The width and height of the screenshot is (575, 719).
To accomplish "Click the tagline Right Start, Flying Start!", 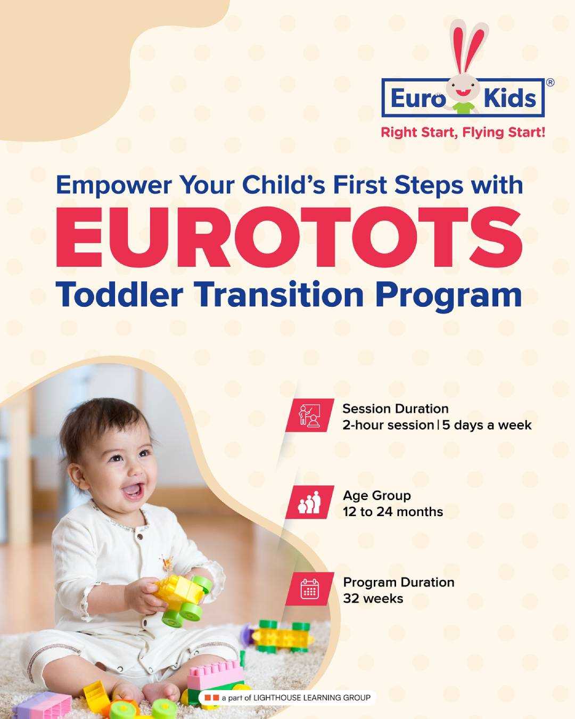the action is pyautogui.click(x=463, y=133).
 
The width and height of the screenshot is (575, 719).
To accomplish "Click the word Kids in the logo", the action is pyautogui.click(x=510, y=98).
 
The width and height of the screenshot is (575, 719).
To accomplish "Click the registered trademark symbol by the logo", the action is pyautogui.click(x=550, y=82).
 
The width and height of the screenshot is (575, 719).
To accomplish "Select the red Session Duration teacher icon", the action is pyautogui.click(x=310, y=415).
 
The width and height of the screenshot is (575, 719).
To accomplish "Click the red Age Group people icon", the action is pyautogui.click(x=310, y=502).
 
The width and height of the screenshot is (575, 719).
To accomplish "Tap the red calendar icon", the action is pyautogui.click(x=310, y=589).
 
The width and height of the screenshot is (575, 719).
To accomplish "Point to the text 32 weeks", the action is pyautogui.click(x=373, y=599).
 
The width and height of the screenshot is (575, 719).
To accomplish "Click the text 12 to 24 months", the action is pyautogui.click(x=393, y=512).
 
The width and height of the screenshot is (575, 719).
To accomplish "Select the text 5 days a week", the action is pyautogui.click(x=487, y=425).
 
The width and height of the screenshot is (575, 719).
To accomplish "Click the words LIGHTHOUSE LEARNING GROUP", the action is pyautogui.click(x=312, y=698).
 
